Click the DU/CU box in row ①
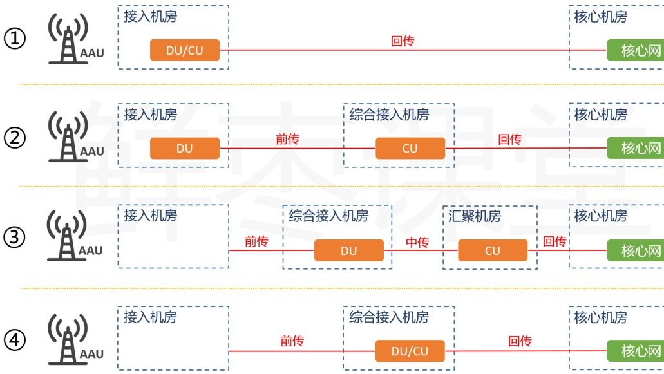pos(185,50)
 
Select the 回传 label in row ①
pos(403,42)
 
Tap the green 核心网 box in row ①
pos(635,50)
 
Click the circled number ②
pos(15,138)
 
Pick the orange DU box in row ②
pos(185,149)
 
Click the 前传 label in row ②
pos(287,140)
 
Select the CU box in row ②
pos(410,149)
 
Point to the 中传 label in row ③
pos(417,242)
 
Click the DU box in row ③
pos(348,250)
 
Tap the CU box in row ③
pos(493,250)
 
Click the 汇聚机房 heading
pos(474,216)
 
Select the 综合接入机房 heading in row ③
pos(328,216)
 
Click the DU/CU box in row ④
pos(410,351)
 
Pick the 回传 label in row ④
pos(520,342)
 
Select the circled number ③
pos(15,238)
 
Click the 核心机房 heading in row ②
pos(600,115)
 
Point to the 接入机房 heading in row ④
pos(149,317)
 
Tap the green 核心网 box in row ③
pos(635,250)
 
